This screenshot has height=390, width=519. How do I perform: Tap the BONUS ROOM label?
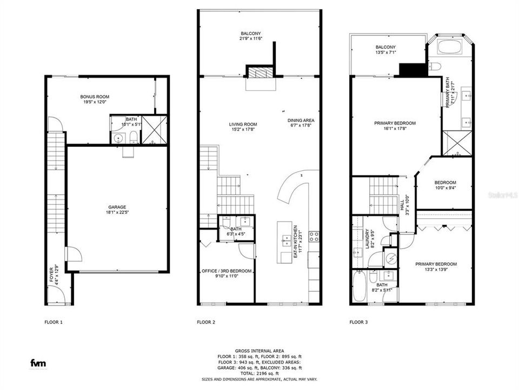point(95,96)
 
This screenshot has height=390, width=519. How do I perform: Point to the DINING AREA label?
point(301,120)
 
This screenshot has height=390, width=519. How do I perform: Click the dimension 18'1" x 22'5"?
point(117,212)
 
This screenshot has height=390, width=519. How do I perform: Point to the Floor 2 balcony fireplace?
point(261,73)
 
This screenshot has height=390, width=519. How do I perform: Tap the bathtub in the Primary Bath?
point(448,45)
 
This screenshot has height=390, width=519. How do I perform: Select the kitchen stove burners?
point(314,236)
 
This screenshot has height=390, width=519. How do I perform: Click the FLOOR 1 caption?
point(54,322)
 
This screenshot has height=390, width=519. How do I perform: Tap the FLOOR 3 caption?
point(358,322)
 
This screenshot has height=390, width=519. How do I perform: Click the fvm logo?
point(37,362)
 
